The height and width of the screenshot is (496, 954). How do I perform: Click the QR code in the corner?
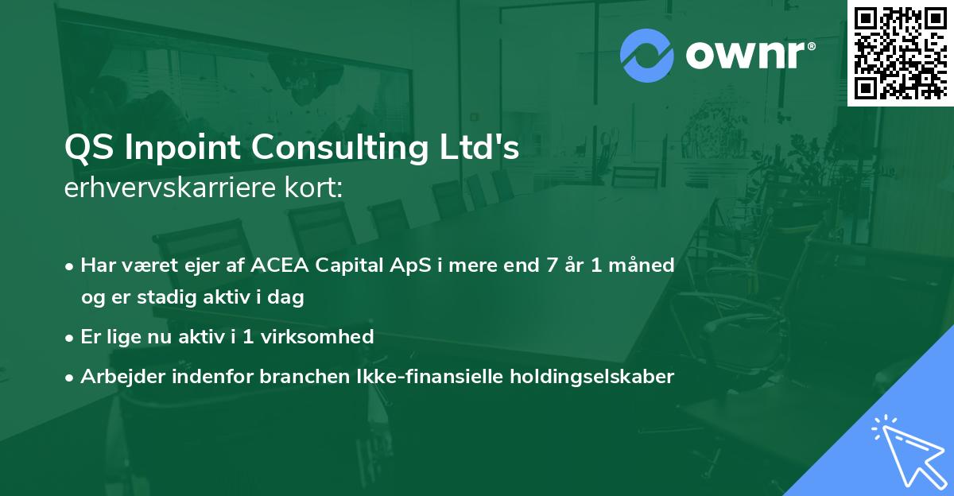point(901,52)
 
